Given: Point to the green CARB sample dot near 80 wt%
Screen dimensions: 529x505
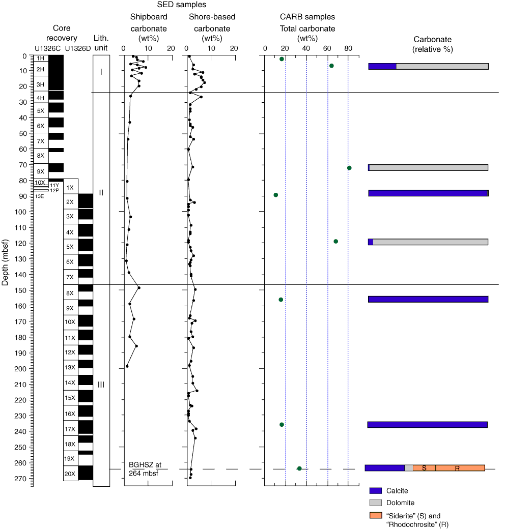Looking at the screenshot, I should (349, 168).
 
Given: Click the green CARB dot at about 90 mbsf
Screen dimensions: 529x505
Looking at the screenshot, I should (276, 195).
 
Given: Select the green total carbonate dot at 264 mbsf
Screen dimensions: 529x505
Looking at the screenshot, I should (299, 468).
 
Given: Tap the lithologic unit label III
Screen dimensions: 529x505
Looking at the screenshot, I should (101, 385).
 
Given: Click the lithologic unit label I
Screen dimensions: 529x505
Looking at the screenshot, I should (101, 72).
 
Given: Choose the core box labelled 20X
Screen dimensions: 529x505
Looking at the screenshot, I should (70, 474).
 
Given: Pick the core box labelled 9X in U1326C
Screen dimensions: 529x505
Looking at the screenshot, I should (41, 171).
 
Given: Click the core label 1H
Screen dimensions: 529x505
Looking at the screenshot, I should (41, 58).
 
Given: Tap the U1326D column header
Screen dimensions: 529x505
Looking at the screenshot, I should (78, 48).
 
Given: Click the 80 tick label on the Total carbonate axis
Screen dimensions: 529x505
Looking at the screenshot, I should (348, 48).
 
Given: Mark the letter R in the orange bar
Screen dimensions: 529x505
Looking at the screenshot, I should (457, 468).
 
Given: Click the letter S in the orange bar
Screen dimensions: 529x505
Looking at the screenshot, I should (424, 468).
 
